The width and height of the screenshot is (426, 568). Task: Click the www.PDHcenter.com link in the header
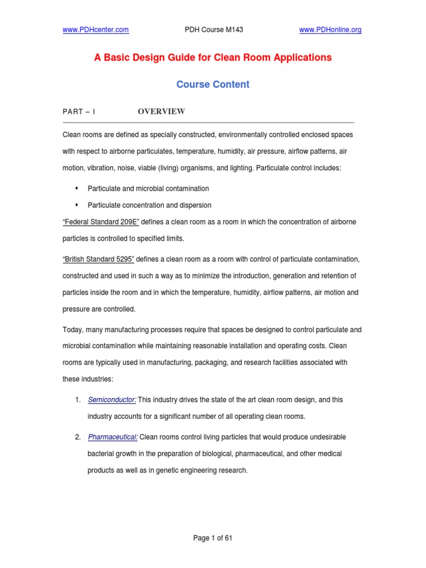click(x=97, y=30)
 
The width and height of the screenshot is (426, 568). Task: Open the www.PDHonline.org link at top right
click(x=330, y=30)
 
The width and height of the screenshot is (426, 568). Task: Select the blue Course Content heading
click(x=212, y=84)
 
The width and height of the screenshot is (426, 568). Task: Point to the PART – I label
click(x=79, y=112)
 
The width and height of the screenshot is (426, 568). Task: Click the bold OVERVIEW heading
click(x=161, y=111)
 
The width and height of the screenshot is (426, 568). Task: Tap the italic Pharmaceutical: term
click(x=113, y=437)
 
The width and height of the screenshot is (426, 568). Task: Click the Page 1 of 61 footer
click(x=212, y=537)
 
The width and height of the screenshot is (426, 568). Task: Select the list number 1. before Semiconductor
click(x=78, y=400)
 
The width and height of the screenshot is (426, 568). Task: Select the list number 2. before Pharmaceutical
click(x=78, y=437)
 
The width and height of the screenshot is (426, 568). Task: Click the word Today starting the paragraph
click(x=73, y=329)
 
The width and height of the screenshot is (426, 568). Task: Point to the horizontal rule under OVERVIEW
click(x=208, y=122)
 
